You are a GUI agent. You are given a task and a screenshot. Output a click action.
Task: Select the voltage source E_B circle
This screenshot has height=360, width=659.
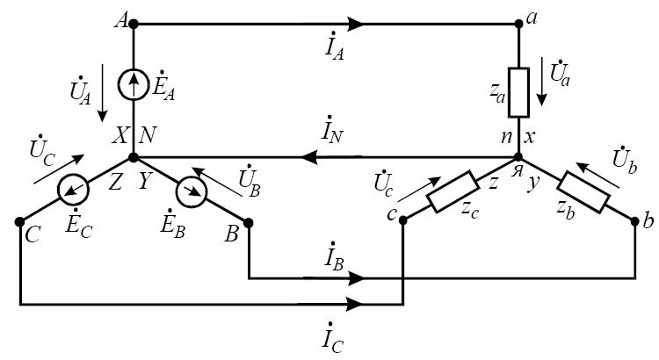pyautogui.click(x=190, y=189)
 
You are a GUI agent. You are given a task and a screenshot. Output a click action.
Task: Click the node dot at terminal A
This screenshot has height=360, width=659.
pyautogui.click(x=134, y=25)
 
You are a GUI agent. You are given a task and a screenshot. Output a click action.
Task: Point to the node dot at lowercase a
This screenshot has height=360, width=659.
pyautogui.click(x=520, y=25)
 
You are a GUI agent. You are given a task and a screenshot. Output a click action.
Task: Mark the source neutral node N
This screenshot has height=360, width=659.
pyautogui.click(x=134, y=158)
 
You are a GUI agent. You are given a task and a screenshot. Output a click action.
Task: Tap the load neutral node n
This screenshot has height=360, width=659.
pyautogui.click(x=520, y=158)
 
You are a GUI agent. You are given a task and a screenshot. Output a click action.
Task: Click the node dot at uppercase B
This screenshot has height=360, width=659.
pyautogui.click(x=250, y=222)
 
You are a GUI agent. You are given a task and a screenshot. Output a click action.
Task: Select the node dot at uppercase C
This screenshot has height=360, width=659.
pyautogui.click(x=19, y=222)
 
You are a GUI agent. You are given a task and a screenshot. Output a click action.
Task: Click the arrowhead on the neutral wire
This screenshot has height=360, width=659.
pyautogui.click(x=309, y=158)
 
